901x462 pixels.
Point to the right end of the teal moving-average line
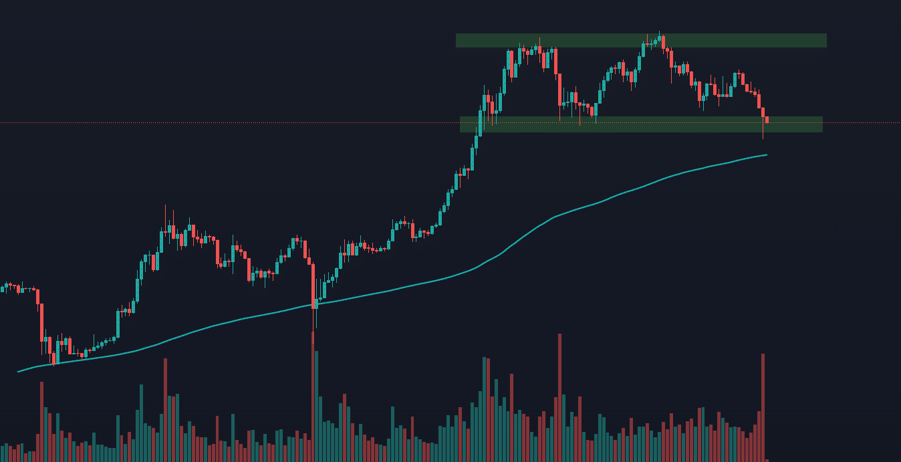(x=766, y=155)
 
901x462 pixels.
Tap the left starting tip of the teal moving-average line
(x=18, y=372)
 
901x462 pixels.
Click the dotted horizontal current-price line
(x=267, y=122)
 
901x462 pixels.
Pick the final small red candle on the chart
(x=767, y=120)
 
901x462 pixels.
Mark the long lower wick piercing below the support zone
(x=763, y=132)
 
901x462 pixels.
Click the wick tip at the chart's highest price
(x=659, y=31)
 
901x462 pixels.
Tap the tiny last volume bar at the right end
(x=767, y=460)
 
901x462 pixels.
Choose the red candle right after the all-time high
(x=663, y=42)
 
